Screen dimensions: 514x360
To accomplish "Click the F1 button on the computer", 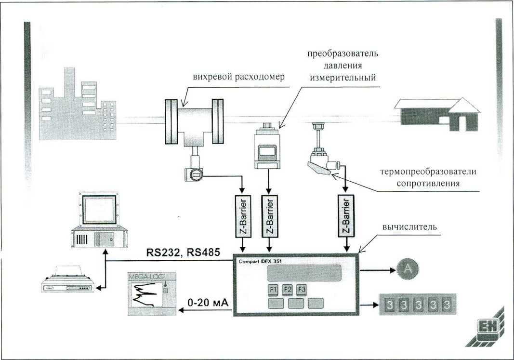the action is click(x=273, y=290).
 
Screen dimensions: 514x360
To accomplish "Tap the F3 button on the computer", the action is click(x=302, y=290).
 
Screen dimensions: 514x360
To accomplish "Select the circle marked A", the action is click(x=408, y=269).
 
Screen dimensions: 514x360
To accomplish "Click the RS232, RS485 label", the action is click(x=183, y=253).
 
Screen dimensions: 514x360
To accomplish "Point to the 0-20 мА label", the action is click(x=208, y=302).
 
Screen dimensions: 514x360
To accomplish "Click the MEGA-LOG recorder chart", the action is click(x=151, y=294).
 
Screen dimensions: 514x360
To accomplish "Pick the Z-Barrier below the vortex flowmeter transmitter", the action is click(x=243, y=216).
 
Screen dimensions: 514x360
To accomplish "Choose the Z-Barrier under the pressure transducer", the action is click(x=269, y=216).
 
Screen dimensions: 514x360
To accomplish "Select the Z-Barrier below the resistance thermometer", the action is click(x=346, y=216).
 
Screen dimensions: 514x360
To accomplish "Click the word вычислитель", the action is click(x=410, y=227).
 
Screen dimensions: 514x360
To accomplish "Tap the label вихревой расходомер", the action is click(x=238, y=77).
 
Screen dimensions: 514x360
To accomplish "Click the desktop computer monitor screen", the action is click(x=99, y=209).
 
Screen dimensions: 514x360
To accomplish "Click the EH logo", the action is click(x=487, y=327).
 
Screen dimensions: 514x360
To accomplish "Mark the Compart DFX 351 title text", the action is click(x=260, y=261).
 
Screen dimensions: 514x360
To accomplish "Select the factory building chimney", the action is click(x=69, y=82).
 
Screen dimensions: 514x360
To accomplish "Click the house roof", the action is click(x=437, y=105).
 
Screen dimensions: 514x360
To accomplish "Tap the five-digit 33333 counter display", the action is click(x=418, y=305).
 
